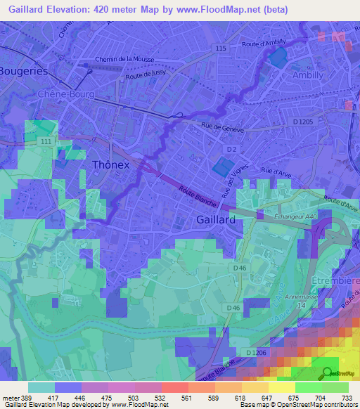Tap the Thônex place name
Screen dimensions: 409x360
[110, 165]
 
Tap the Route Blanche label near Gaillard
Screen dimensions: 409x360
[195, 196]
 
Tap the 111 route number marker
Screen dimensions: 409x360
[46, 142]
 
